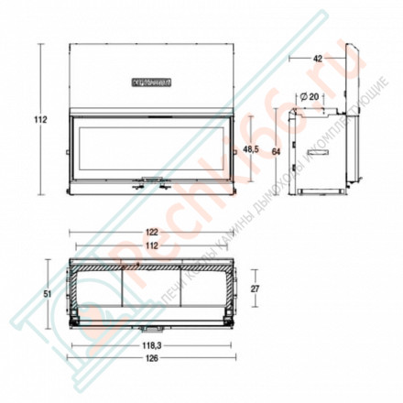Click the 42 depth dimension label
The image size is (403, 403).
click(317, 58)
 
